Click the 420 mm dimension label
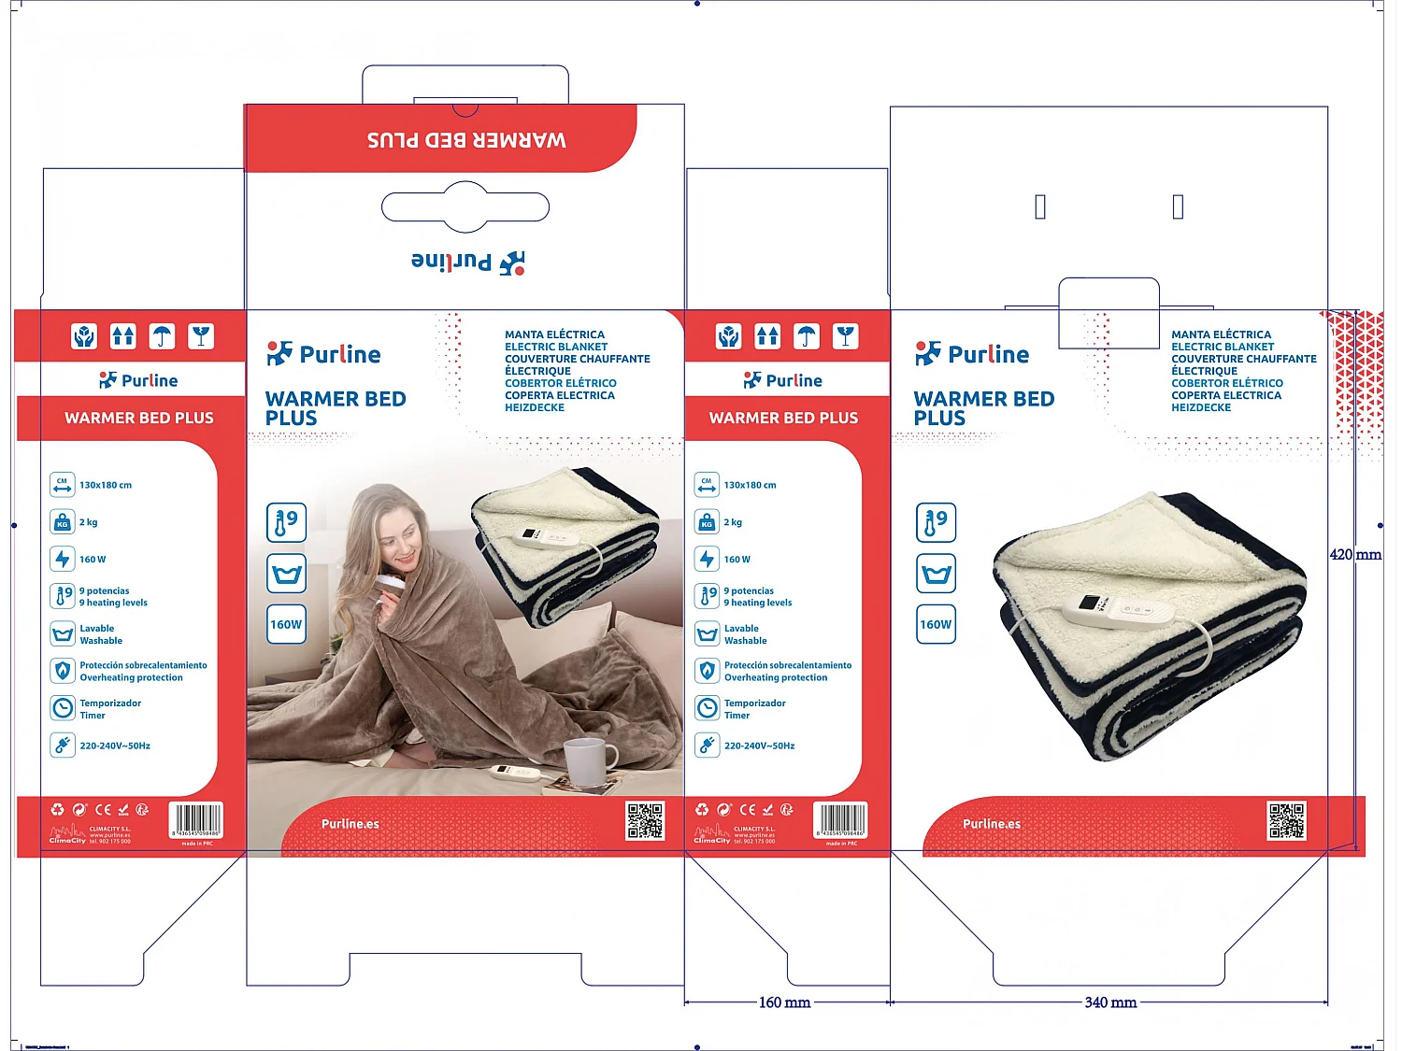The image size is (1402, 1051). (1354, 555)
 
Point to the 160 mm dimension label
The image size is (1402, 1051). (783, 1002)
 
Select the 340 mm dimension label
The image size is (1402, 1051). (1109, 1002)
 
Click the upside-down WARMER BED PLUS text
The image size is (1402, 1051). (466, 140)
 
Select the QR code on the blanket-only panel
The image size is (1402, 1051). (1286, 820)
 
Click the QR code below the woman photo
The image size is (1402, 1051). (645, 820)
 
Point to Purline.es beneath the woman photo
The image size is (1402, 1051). (350, 824)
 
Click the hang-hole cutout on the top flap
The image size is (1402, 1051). (465, 206)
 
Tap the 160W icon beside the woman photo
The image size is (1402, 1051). (286, 624)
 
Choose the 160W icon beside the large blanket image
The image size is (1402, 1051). (936, 624)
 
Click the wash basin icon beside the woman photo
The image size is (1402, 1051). (286, 573)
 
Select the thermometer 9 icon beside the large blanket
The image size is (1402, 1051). (936, 522)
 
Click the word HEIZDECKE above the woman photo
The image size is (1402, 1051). (535, 407)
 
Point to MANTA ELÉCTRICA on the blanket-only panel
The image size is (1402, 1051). (1221, 334)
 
